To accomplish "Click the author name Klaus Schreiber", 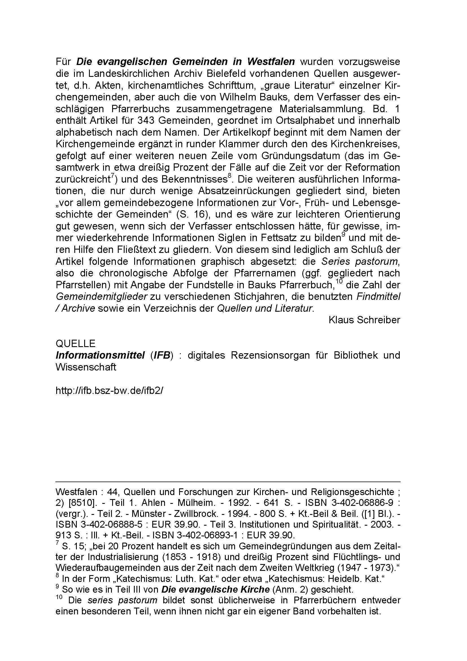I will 364,320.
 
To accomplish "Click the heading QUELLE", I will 75,343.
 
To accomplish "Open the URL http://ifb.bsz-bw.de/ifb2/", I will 109,390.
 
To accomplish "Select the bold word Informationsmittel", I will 100,355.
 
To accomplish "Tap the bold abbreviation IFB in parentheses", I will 162,355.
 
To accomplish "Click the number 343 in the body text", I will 146,120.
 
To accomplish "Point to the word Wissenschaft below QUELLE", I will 86,367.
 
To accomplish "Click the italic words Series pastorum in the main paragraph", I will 360,261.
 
